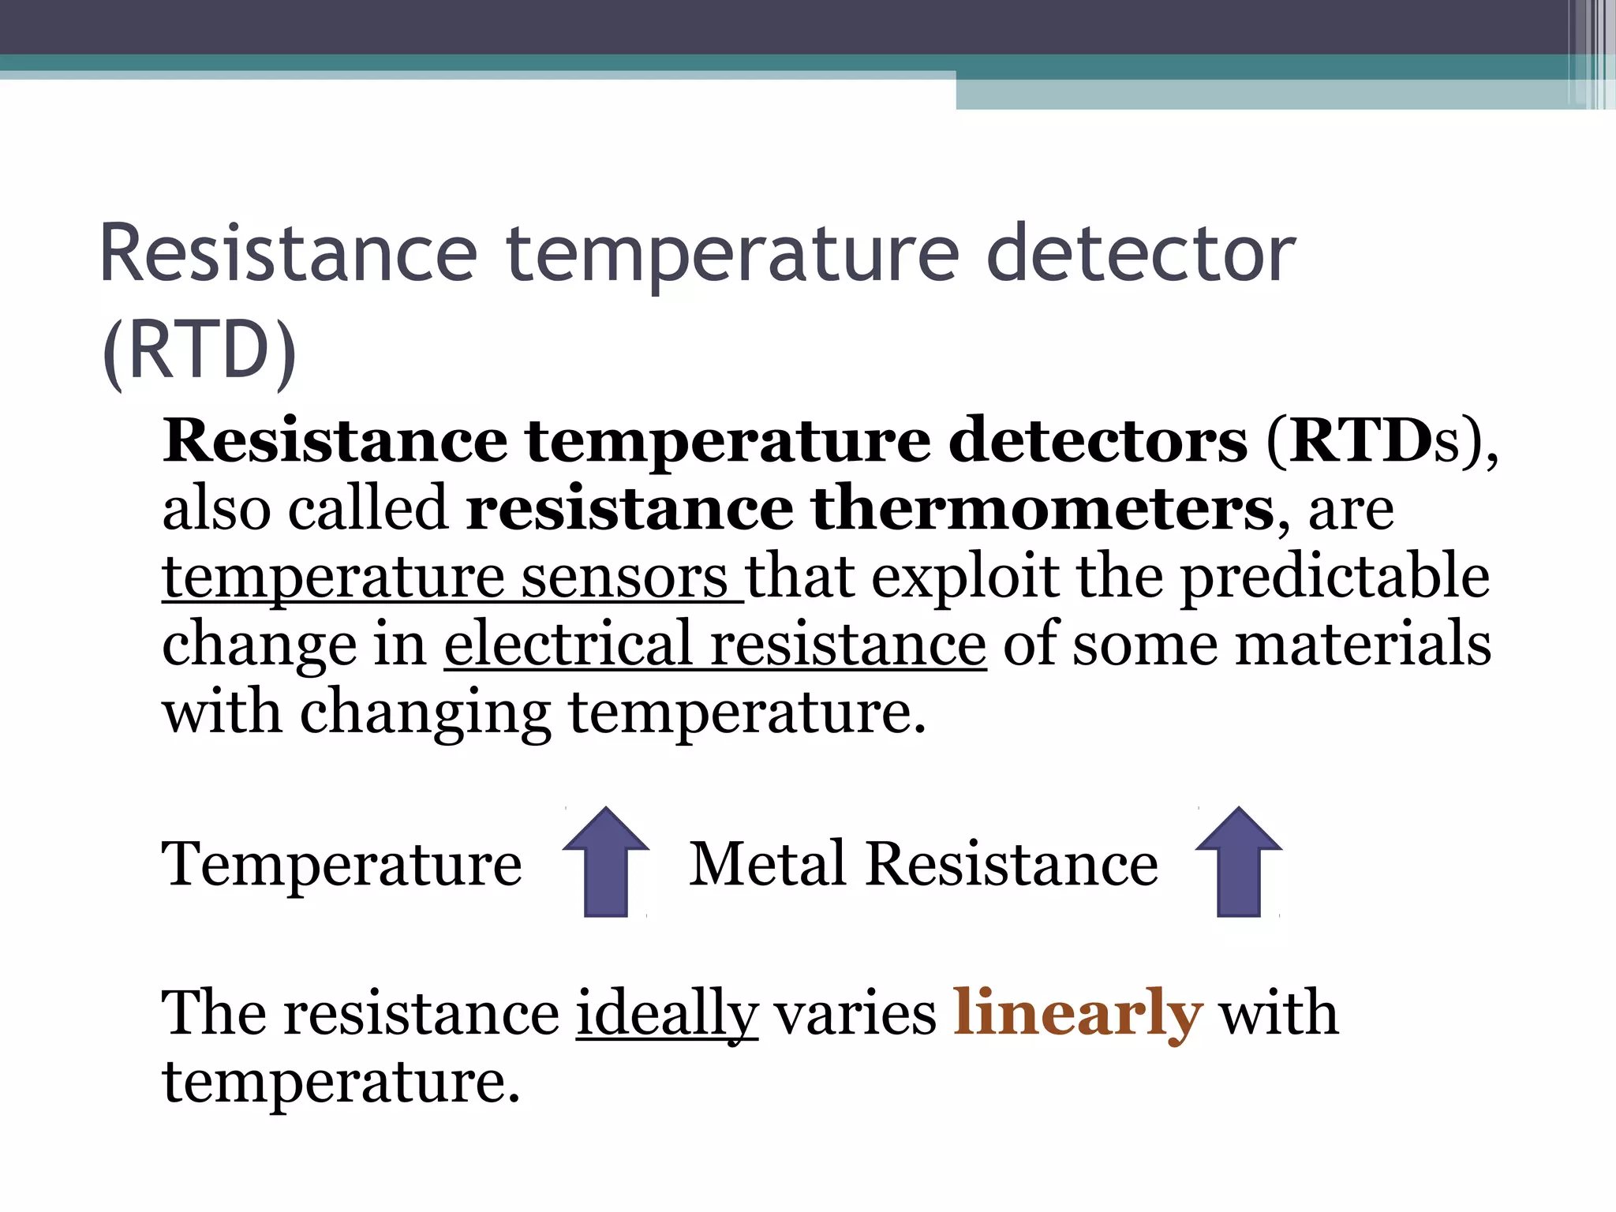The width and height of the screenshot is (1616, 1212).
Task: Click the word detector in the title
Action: click(x=1140, y=254)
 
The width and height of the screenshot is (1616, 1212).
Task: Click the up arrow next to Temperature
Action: click(x=605, y=862)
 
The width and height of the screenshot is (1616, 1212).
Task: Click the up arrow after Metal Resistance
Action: click(x=1238, y=862)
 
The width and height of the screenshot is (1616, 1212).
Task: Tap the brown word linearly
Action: click(x=1078, y=1013)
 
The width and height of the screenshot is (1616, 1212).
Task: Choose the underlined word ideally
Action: click(x=667, y=1013)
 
